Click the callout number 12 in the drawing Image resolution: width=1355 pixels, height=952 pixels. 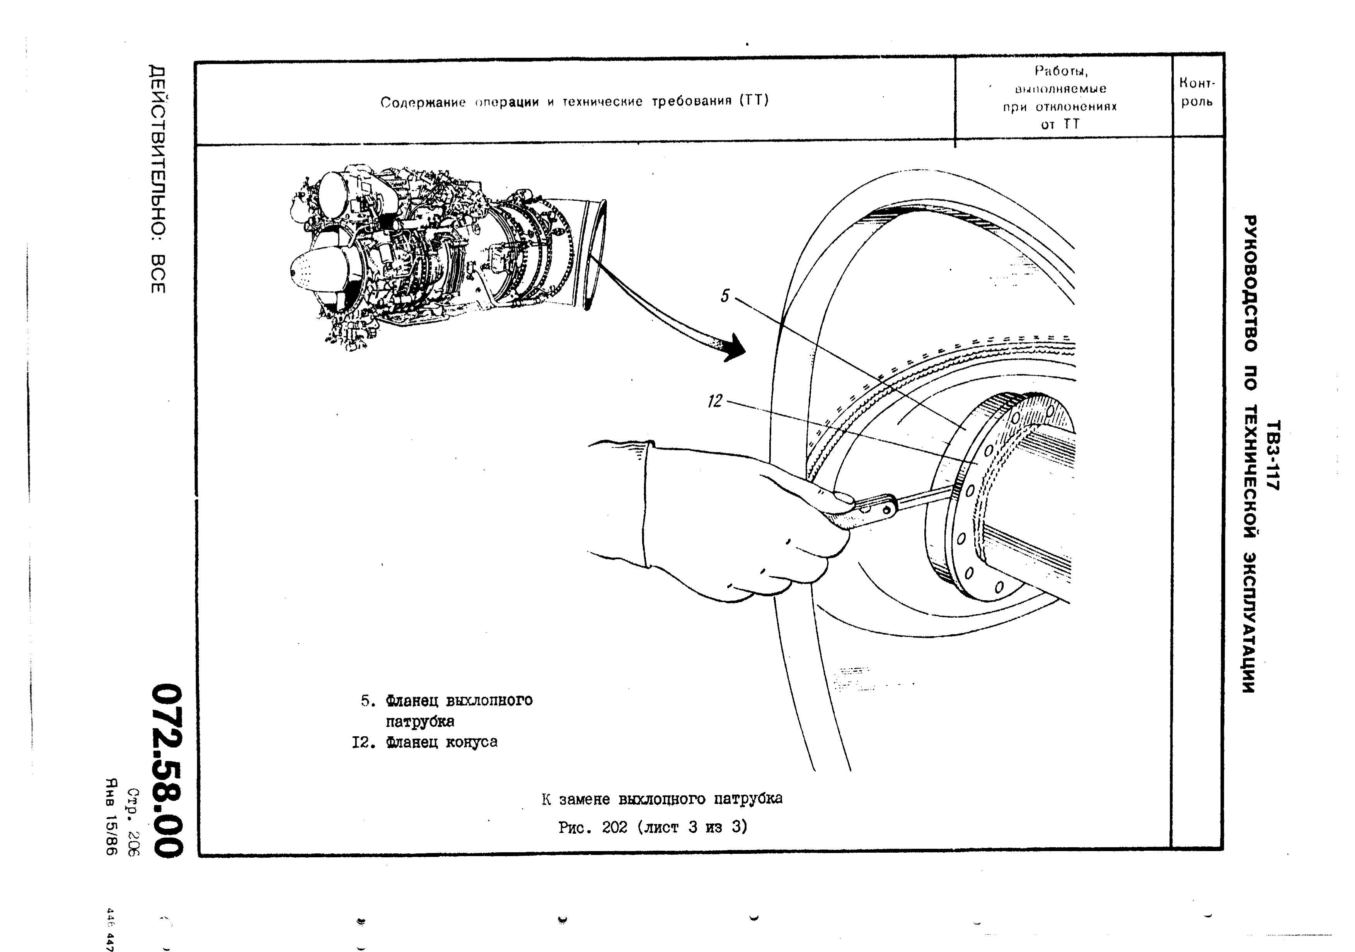click(x=715, y=401)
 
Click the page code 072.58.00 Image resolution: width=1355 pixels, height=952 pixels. click(x=165, y=771)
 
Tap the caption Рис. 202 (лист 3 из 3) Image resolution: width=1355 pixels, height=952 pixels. click(x=653, y=828)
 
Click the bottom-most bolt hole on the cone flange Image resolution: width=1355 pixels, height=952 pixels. click(x=999, y=587)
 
